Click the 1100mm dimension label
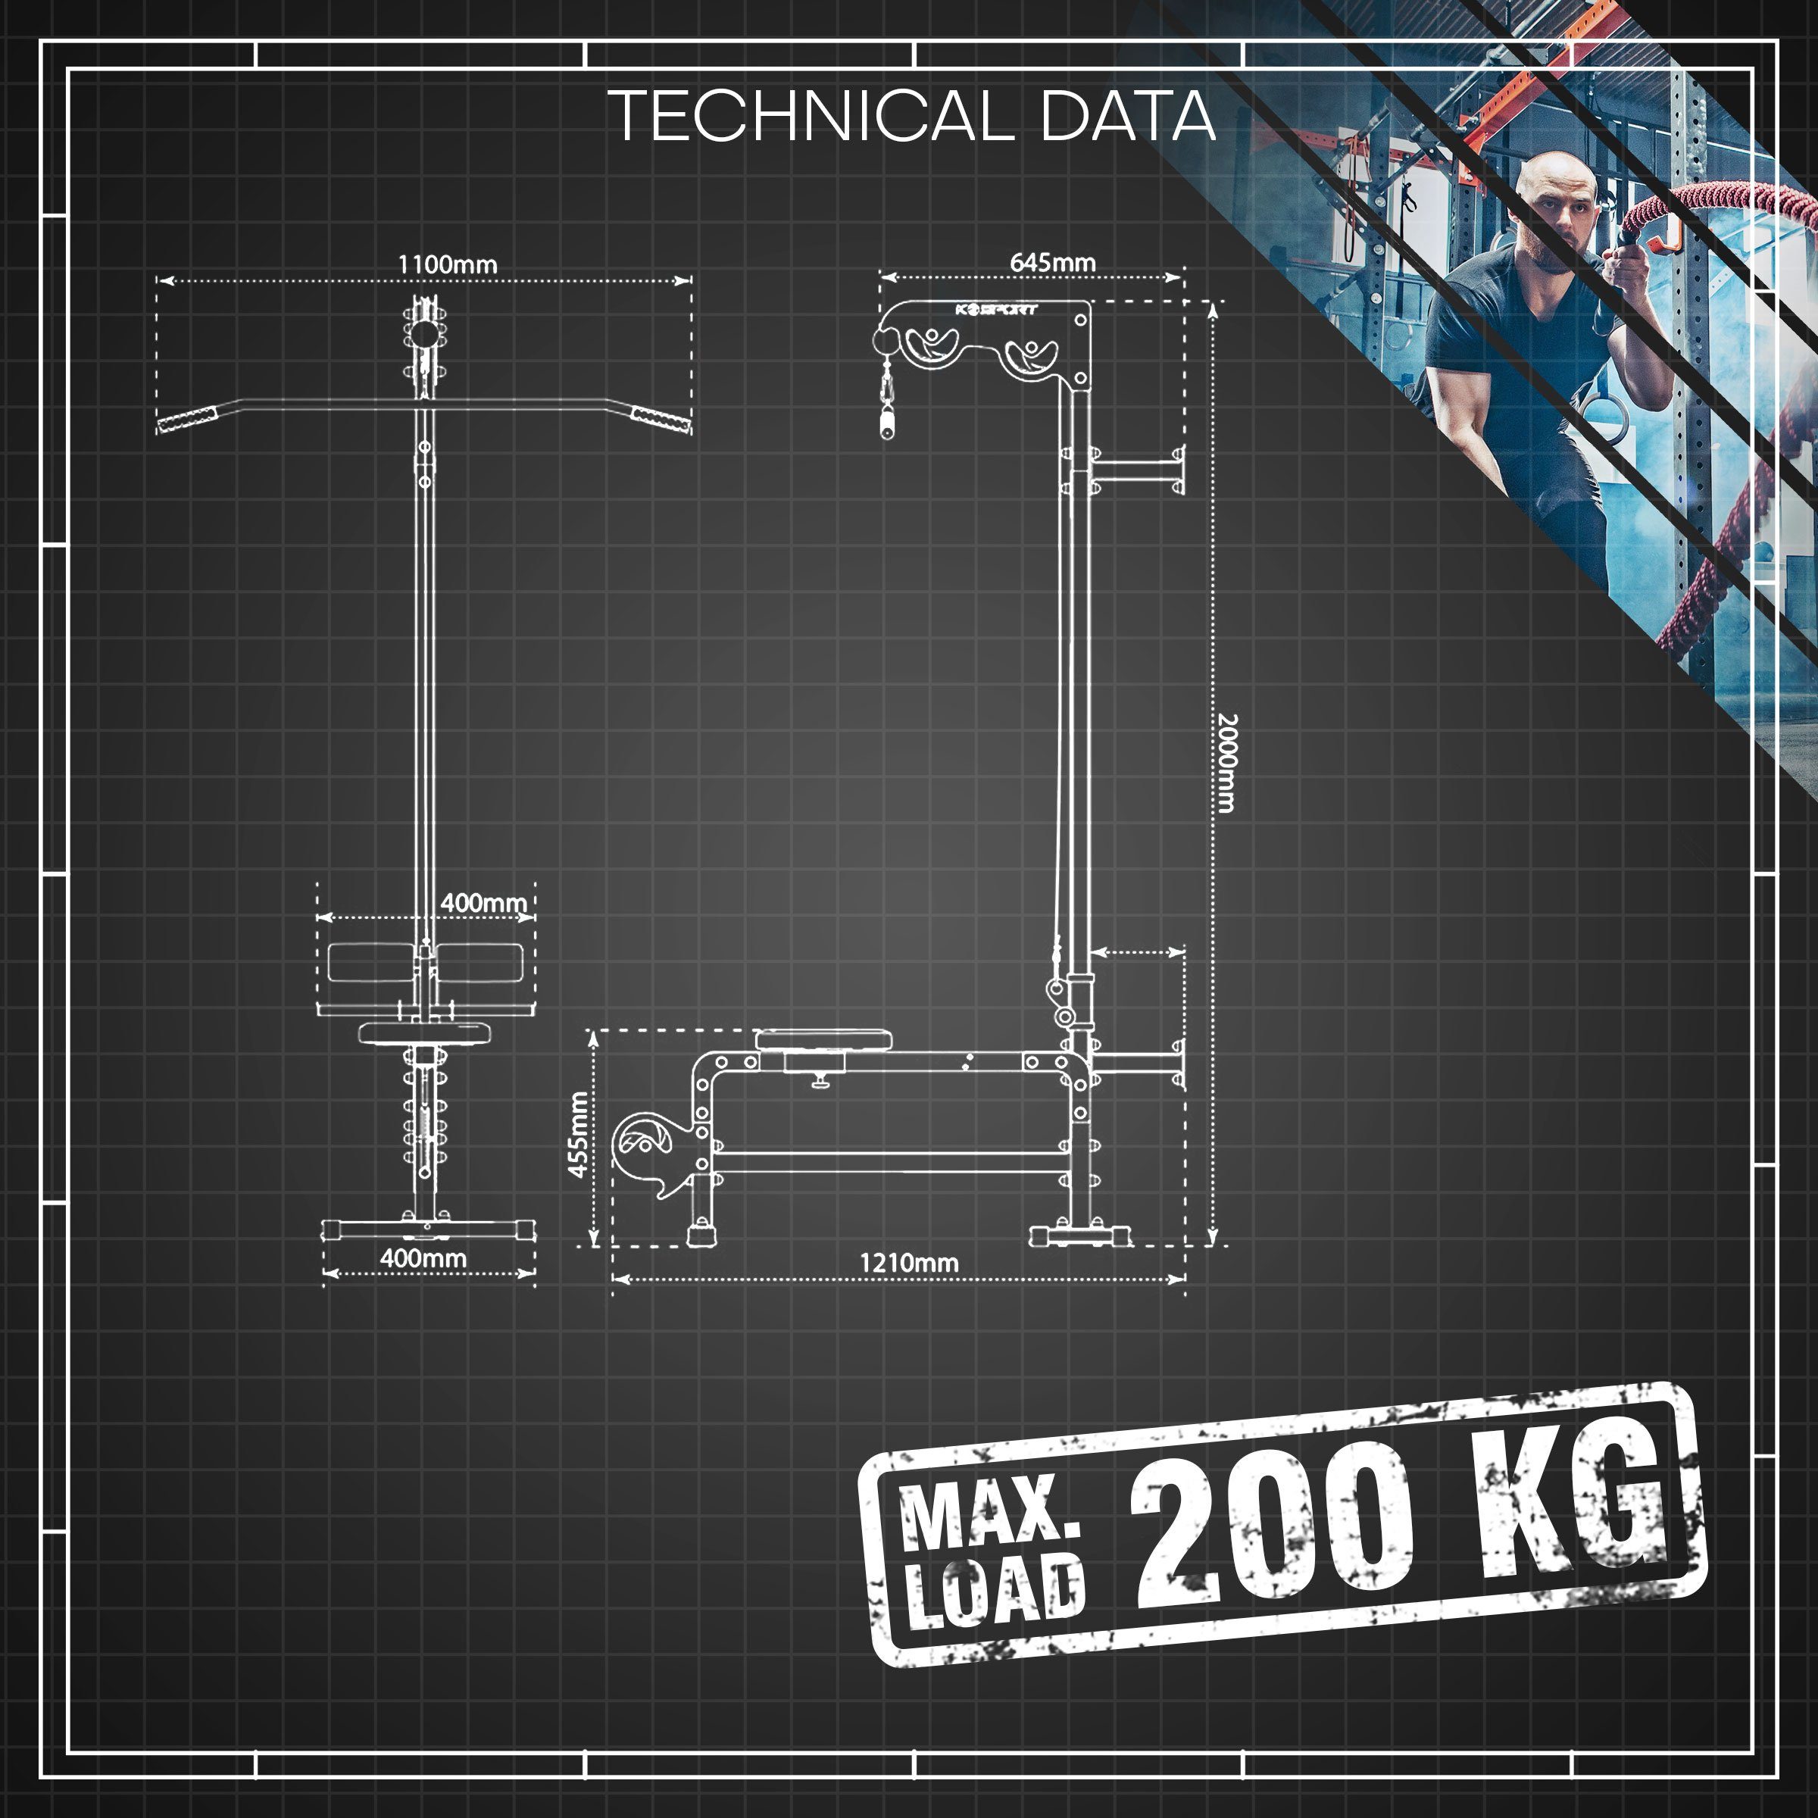447,264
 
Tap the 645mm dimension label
1053,263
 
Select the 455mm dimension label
579,1134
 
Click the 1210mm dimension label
910,1263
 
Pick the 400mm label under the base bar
423,1257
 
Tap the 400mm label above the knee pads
484,902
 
